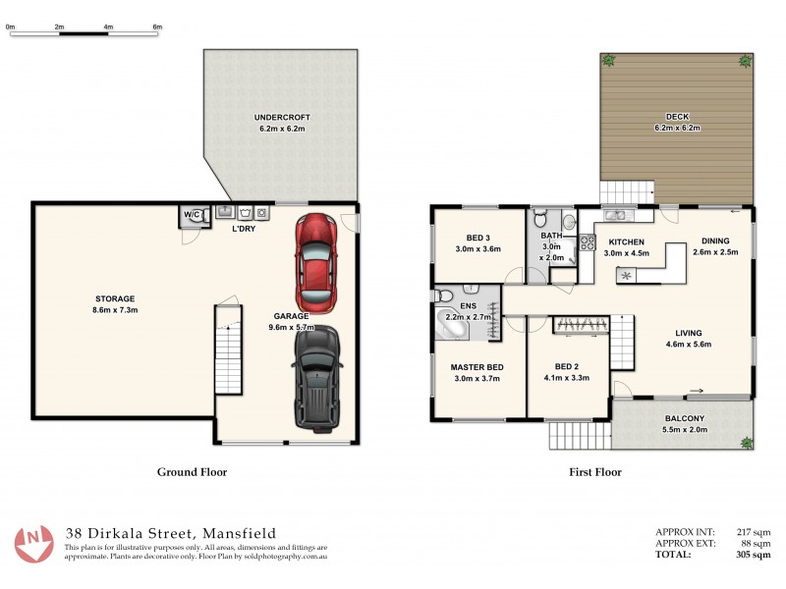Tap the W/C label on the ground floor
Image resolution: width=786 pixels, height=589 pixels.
[191, 215]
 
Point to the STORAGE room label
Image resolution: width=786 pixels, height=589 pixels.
[115, 298]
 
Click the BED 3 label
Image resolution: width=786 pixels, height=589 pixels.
[477, 239]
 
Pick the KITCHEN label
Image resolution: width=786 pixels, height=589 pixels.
[626, 241]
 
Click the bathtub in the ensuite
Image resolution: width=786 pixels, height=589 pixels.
[454, 328]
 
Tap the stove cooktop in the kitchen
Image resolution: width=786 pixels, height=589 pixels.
[586, 242]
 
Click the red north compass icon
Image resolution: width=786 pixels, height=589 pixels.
[33, 542]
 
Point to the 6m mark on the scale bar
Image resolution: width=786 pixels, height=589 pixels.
[157, 27]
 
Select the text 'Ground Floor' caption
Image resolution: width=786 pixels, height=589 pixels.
[193, 472]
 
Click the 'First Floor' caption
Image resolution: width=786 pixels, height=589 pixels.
[595, 472]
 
